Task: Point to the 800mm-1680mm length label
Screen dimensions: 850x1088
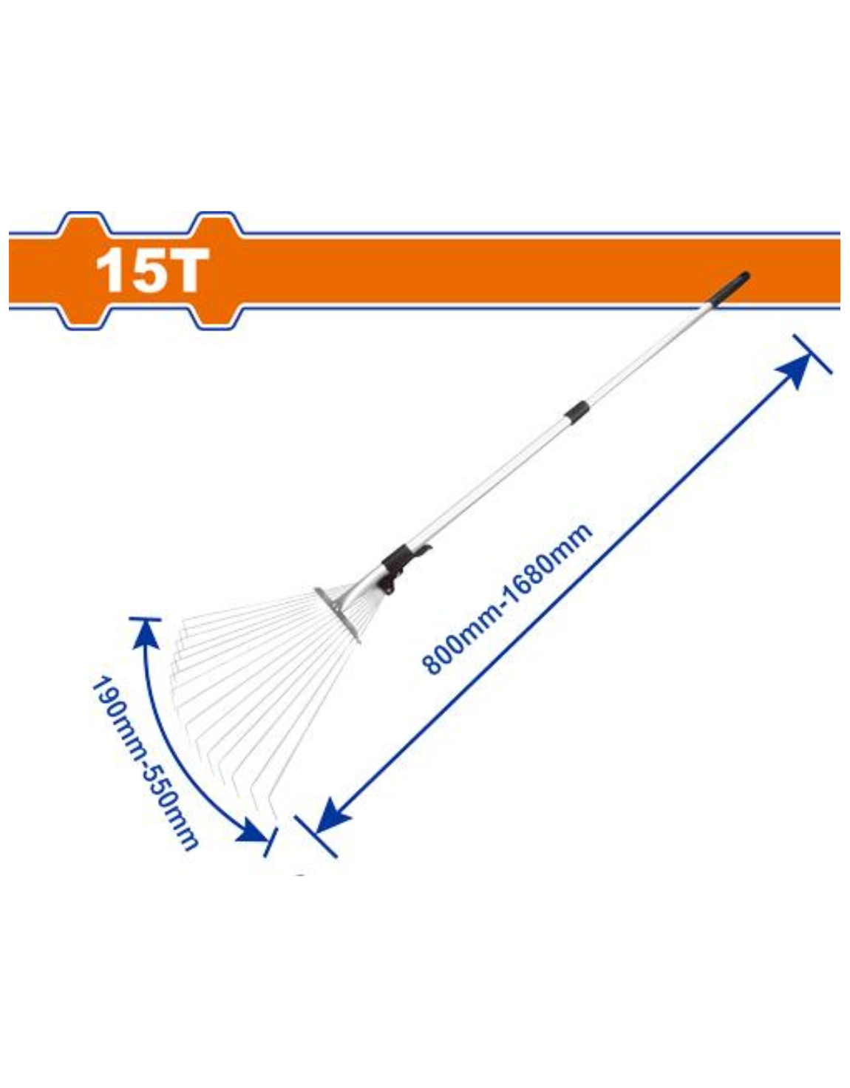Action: click(508, 599)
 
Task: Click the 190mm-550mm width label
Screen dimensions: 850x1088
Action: click(143, 763)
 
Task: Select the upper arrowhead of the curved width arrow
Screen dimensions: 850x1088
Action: click(145, 635)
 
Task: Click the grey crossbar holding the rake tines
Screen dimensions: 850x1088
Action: click(337, 615)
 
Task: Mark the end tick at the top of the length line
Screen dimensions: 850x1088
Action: click(812, 354)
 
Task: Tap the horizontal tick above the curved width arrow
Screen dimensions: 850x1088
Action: click(145, 619)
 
